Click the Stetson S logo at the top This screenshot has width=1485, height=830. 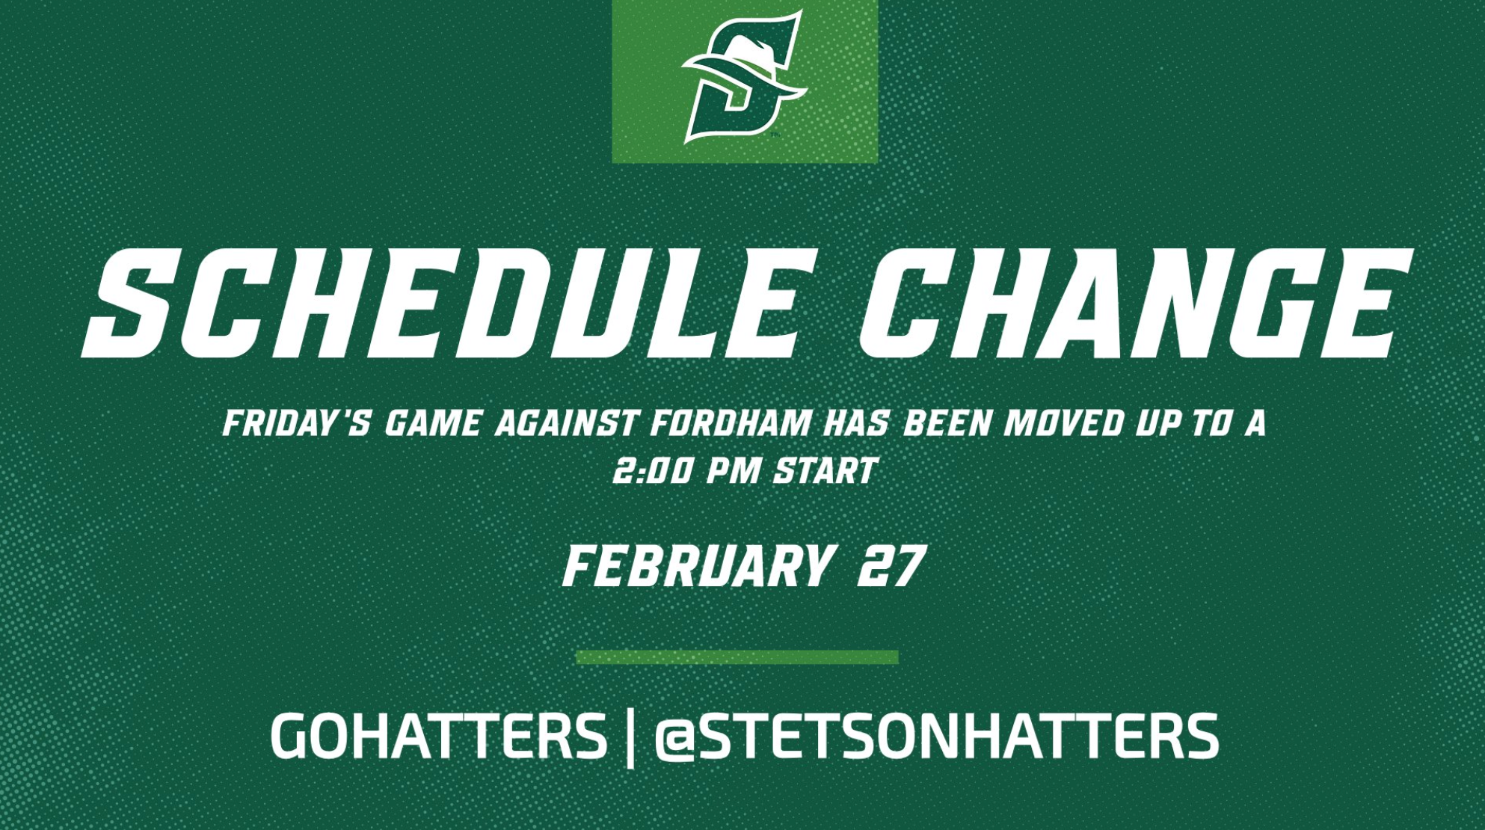click(x=743, y=79)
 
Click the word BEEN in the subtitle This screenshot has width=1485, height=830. click(x=947, y=424)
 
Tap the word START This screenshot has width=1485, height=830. click(x=825, y=472)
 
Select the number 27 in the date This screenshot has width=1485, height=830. click(x=891, y=567)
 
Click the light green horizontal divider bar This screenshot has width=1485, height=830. click(x=737, y=657)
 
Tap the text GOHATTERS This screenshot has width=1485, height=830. click(x=438, y=737)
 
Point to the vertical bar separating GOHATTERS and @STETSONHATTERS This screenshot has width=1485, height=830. click(x=630, y=738)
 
